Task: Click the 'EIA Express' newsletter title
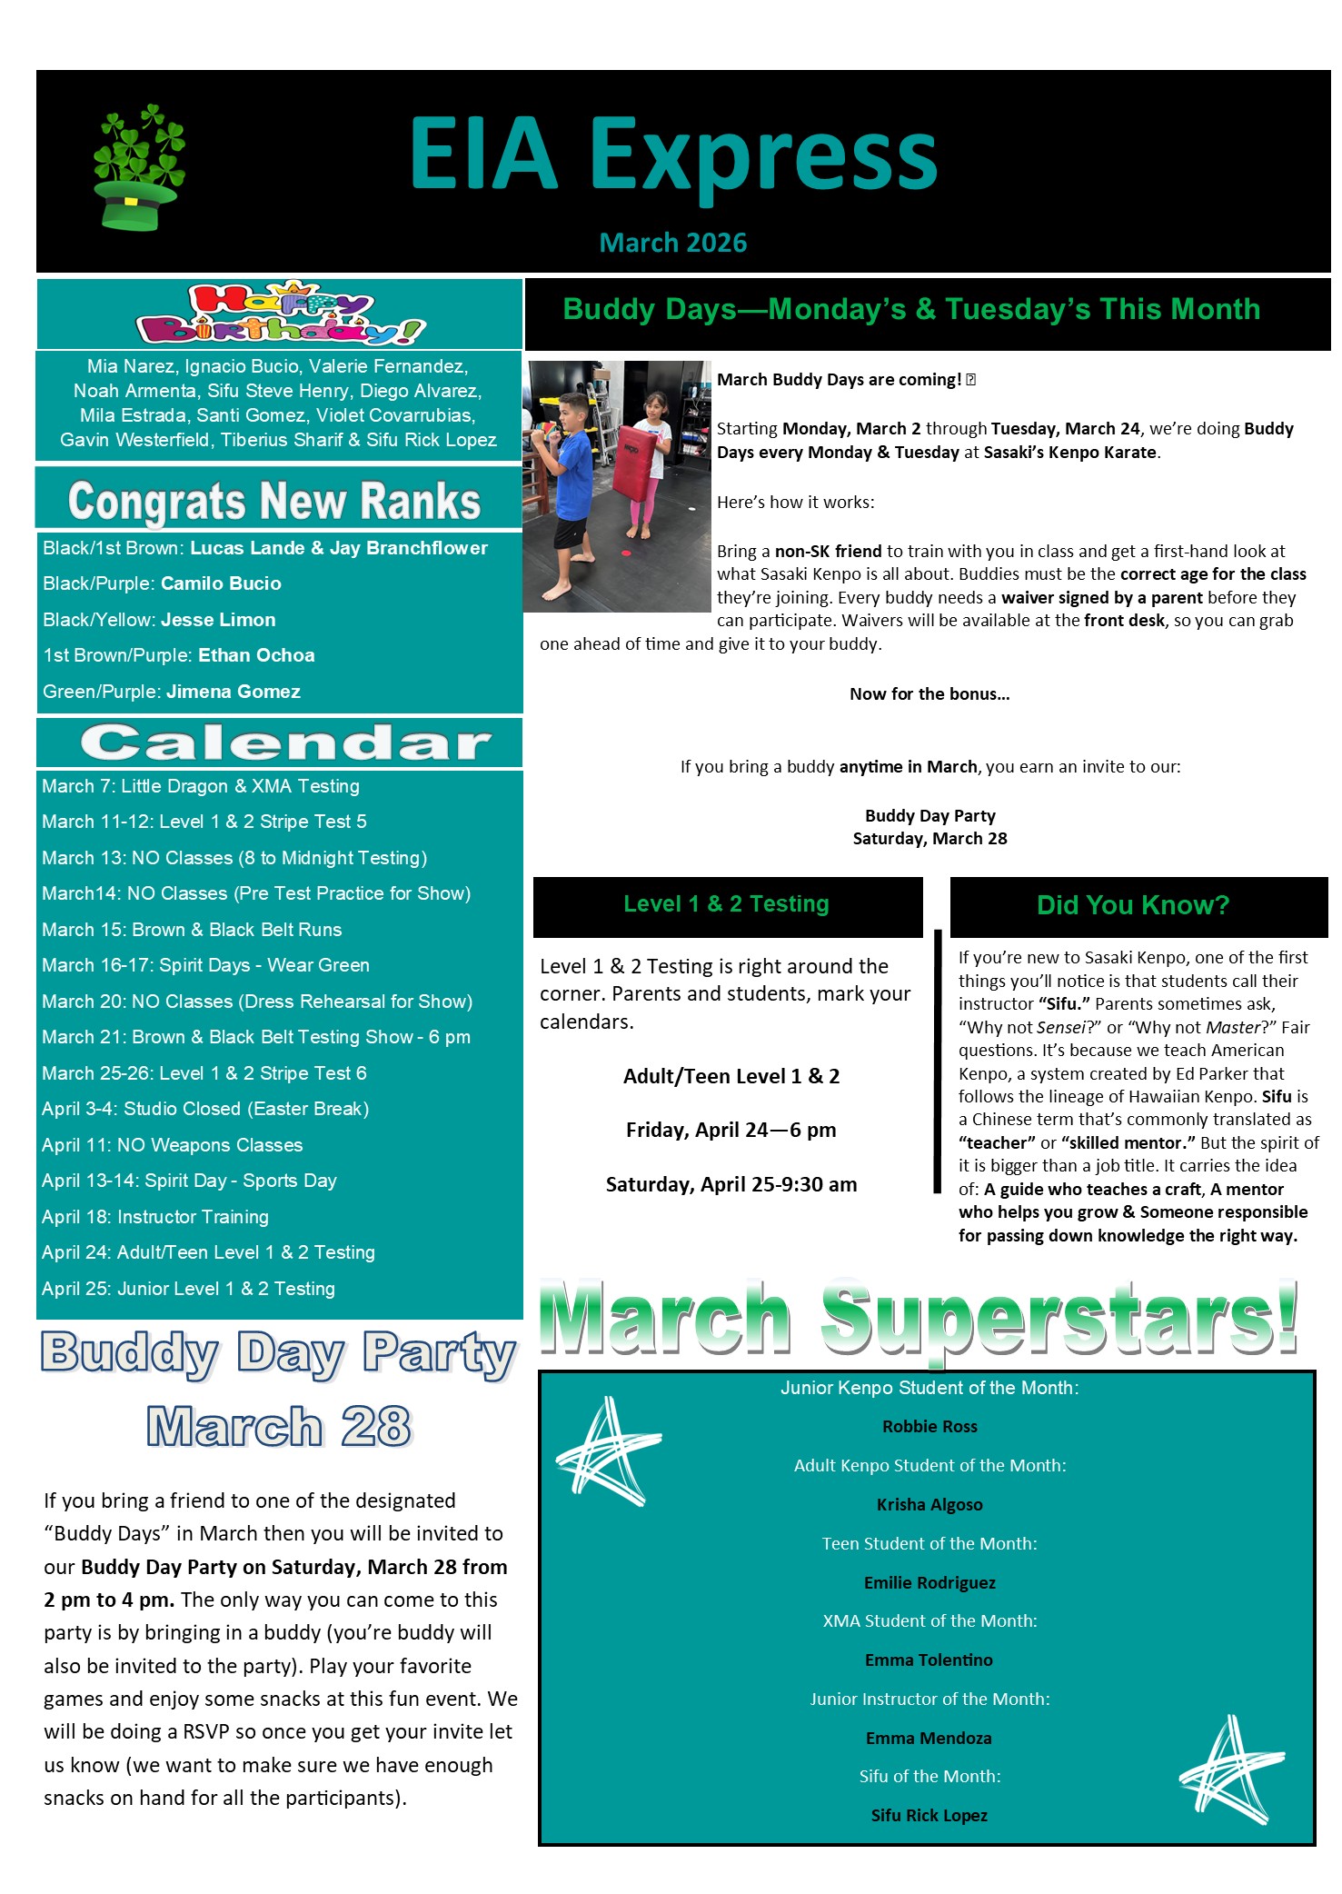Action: (x=672, y=155)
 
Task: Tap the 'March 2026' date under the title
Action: (x=672, y=243)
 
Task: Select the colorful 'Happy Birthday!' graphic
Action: (x=280, y=314)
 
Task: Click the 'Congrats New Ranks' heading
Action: (x=274, y=501)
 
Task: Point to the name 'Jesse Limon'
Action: (x=218, y=620)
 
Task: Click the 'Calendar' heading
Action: (x=285, y=743)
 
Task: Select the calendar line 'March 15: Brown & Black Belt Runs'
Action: (x=192, y=930)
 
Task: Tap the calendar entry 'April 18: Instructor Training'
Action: (x=155, y=1217)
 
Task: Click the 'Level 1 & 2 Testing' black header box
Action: (x=727, y=905)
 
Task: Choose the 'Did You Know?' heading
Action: (x=1132, y=905)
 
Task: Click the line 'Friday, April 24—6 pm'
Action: (x=731, y=1130)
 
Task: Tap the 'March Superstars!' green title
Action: (x=918, y=1318)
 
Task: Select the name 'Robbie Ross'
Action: (x=929, y=1427)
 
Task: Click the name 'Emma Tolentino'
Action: (x=929, y=1660)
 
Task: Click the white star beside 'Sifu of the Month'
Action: (x=1232, y=1770)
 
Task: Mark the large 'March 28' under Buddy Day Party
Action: (x=278, y=1427)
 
